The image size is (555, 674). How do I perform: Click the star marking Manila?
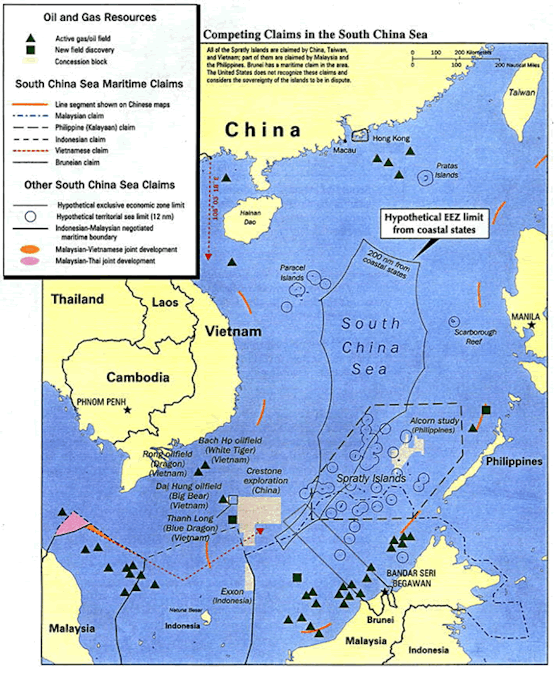(x=531, y=324)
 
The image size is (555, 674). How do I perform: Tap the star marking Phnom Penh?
(x=128, y=410)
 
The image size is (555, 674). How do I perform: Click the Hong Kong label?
(x=392, y=139)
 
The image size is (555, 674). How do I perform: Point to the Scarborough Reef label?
(x=475, y=336)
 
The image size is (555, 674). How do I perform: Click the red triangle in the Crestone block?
(x=260, y=531)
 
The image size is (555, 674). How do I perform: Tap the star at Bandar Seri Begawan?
(x=385, y=592)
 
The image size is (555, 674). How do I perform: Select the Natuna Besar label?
(x=183, y=611)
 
